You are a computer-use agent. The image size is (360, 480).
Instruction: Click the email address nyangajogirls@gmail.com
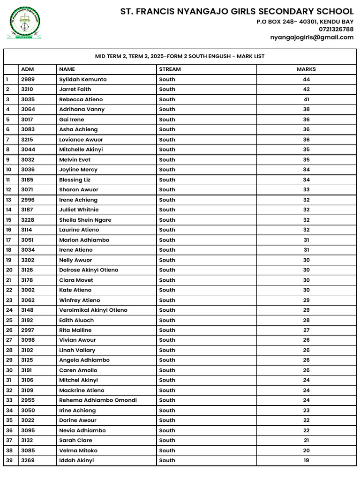312,37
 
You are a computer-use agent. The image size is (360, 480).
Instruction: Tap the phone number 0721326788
336,29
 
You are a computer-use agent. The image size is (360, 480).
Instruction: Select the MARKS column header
306,69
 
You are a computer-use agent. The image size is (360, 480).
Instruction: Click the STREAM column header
170,69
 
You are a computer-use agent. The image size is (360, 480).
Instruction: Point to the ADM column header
28,69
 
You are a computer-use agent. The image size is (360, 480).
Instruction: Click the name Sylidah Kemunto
82,79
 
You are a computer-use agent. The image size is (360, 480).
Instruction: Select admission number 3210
28,89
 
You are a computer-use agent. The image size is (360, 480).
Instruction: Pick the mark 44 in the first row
306,79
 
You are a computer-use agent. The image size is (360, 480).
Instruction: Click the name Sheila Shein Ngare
85,220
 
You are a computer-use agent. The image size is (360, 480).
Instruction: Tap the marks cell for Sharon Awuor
306,190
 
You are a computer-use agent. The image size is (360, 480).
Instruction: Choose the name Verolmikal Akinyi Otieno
93,310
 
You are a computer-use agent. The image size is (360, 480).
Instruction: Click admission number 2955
28,400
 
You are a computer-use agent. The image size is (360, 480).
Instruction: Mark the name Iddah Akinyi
76,460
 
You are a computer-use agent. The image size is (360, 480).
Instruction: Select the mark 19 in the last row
306,460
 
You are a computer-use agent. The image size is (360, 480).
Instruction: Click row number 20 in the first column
9,270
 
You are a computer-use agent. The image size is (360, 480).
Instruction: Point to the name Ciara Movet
76,280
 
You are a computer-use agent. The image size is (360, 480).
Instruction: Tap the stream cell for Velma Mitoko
167,450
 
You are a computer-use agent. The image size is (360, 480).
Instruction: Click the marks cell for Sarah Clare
306,440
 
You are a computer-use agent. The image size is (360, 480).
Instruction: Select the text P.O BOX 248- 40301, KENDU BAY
305,22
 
